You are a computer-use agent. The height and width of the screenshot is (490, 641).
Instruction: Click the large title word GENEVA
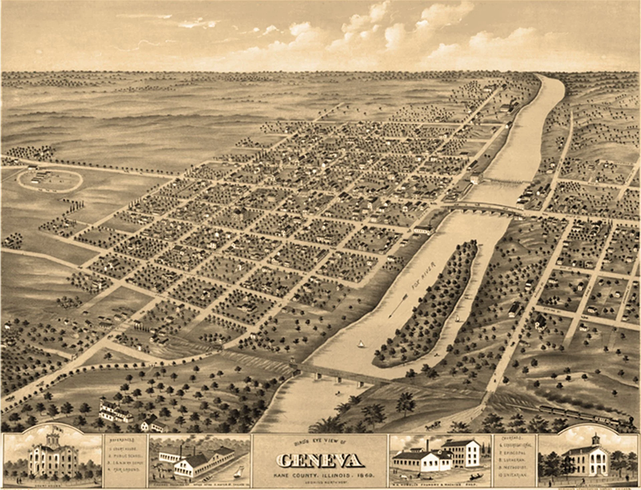coord(320,461)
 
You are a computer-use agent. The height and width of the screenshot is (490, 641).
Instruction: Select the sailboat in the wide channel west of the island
coord(360,344)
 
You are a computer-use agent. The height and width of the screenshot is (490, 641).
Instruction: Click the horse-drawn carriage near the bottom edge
coord(432,427)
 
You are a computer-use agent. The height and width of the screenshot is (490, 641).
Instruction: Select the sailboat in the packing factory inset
coord(237,472)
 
